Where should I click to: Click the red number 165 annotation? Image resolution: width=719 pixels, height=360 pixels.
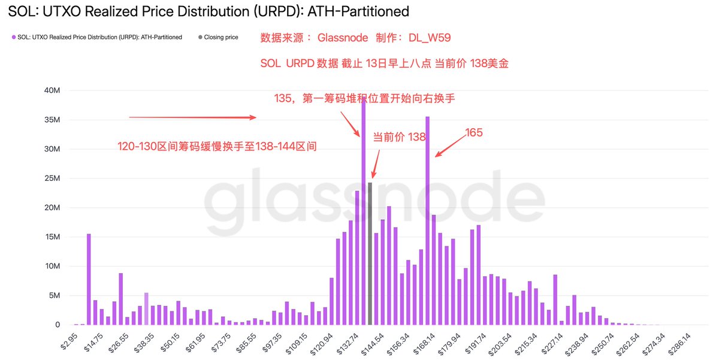point(474,132)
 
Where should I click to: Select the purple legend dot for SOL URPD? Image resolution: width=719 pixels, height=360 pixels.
point(14,37)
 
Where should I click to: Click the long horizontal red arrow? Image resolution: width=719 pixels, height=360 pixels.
point(193,118)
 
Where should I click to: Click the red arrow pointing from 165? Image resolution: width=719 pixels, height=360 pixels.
point(451,145)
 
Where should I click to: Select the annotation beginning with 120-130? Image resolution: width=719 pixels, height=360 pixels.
point(216,146)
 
